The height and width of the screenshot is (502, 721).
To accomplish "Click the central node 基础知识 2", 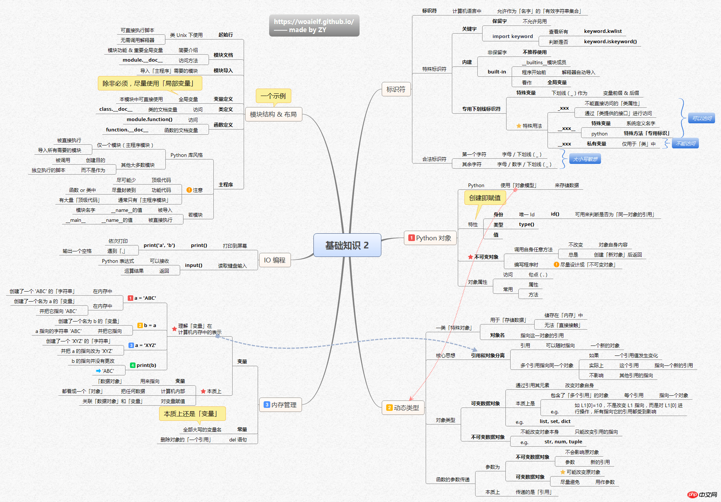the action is [347, 245].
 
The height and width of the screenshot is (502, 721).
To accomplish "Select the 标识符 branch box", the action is [396, 89].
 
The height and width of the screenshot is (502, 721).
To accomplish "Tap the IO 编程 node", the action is [275, 260].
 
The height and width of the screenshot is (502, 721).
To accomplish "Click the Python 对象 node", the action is [430, 238].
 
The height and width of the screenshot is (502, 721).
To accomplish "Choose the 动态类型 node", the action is [403, 408].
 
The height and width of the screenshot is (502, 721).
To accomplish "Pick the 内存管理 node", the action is [281, 405].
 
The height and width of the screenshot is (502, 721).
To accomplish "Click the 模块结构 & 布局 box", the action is [273, 114].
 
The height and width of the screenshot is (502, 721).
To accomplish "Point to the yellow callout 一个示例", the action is [273, 96].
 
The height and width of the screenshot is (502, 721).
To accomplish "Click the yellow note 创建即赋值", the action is [485, 198].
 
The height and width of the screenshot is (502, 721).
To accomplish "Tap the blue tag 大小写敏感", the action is [585, 159].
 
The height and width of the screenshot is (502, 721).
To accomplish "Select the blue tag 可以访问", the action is [701, 118].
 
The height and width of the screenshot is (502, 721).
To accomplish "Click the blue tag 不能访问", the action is [685, 144].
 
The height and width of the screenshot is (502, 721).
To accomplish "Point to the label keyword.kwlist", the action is [603, 31].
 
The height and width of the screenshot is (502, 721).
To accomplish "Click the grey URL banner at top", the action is [314, 25].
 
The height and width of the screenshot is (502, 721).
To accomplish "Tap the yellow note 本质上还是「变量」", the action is [192, 414].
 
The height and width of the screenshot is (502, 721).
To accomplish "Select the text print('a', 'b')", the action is [159, 245].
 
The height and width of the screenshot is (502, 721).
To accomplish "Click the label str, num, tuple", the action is [563, 442].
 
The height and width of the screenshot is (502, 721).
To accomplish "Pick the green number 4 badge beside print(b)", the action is [133, 365].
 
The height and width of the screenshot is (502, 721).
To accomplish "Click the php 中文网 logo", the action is [702, 495].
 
